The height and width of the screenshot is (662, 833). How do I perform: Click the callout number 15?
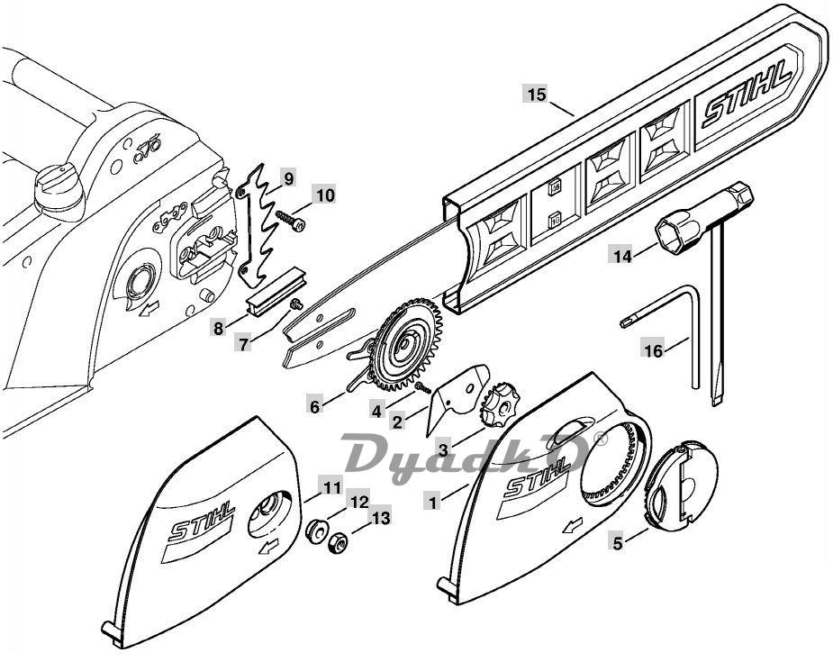click(537, 95)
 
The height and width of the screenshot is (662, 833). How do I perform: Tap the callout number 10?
click(326, 195)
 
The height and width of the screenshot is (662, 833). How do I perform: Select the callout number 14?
click(622, 257)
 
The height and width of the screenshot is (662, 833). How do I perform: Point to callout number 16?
click(654, 350)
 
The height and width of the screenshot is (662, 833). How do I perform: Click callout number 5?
click(617, 543)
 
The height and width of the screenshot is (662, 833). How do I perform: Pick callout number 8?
click(218, 329)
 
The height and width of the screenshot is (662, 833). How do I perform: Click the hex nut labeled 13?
click(336, 543)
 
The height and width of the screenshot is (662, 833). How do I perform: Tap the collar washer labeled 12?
click(317, 531)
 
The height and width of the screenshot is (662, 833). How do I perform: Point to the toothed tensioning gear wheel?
click(408, 344)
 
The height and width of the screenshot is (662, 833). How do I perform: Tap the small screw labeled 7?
click(296, 304)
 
